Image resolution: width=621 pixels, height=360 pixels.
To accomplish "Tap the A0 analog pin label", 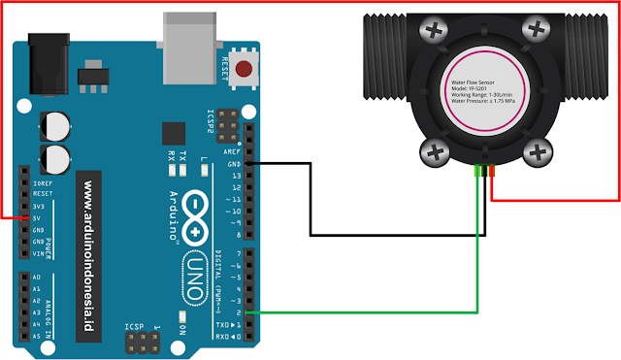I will point(37,277).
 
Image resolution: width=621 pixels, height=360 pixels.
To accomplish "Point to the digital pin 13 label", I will point(233,176).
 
